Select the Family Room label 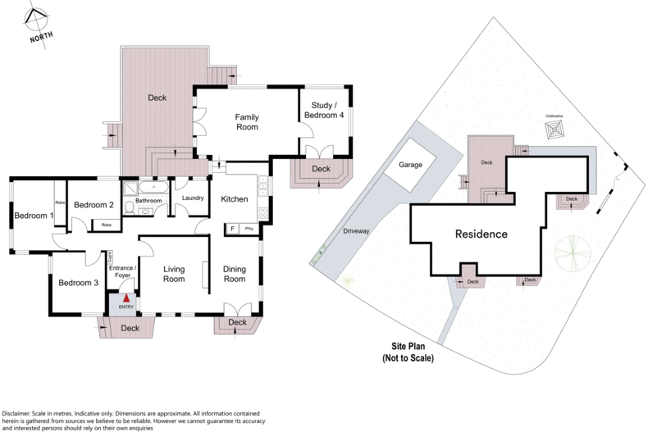pos(247,122)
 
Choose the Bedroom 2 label pos(93,205)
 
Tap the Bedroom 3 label pos(78,283)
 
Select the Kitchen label pos(235,199)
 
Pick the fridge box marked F pos(232,229)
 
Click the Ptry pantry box pos(249,229)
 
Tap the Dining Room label pos(235,274)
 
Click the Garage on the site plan pos(410,165)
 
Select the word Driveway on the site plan pos(359,231)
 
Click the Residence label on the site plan pos(481,234)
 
